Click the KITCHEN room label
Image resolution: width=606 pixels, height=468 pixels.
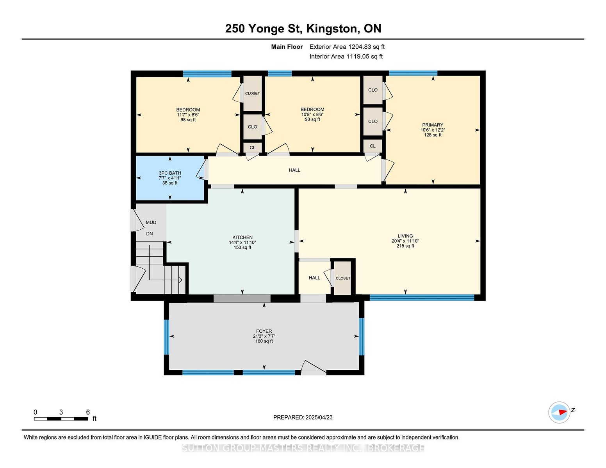(242, 237)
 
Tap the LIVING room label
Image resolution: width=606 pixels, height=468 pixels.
(405, 236)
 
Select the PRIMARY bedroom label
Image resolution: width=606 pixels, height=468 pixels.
(433, 125)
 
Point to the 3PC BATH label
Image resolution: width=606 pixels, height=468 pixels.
(170, 173)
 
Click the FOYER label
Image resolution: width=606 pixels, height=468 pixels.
(264, 331)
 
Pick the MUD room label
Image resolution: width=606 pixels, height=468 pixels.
(151, 222)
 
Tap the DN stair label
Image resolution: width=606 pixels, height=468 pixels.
(150, 234)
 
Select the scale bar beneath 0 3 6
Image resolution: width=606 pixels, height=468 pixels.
(61, 419)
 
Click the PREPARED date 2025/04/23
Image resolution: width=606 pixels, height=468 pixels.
(319, 417)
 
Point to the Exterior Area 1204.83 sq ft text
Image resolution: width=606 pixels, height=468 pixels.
(347, 47)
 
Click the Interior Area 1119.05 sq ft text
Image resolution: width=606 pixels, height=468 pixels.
(346, 57)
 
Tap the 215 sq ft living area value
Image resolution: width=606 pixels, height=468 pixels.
(405, 246)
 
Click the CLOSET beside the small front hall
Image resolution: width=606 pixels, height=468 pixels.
(343, 278)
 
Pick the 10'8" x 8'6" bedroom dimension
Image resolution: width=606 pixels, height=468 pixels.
(312, 114)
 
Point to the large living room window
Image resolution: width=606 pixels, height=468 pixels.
(422, 298)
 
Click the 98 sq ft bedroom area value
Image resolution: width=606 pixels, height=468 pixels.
(188, 120)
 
